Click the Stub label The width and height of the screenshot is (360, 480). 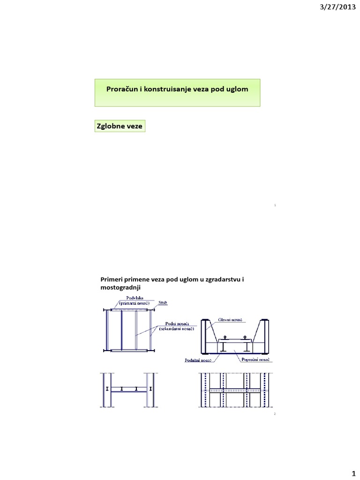pos(163,303)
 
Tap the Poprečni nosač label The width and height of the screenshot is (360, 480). pos(255,360)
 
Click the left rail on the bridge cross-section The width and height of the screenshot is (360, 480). pos(225,337)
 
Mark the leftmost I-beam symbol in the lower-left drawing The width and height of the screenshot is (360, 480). pos(107,389)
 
